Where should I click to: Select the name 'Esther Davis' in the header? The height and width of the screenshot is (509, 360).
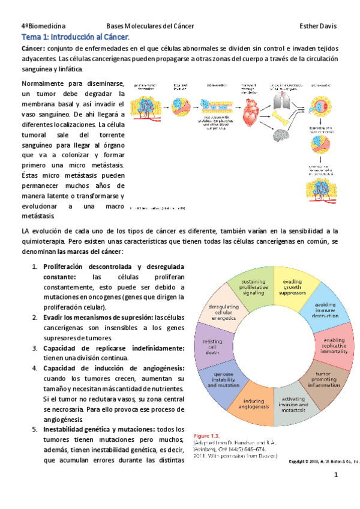317,26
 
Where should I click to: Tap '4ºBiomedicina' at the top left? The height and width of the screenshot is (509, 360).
44,26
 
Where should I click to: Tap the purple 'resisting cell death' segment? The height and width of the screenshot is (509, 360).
214,346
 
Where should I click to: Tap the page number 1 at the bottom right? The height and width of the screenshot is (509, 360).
337,476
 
